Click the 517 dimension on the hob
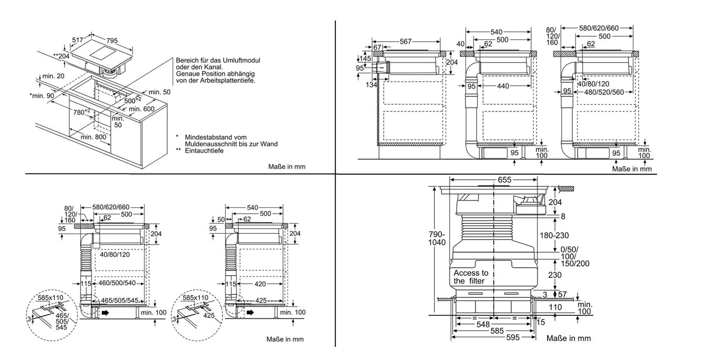77,40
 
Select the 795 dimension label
112,41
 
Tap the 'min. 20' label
54,76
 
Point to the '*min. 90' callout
42,96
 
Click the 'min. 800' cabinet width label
94,137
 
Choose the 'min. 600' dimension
142,109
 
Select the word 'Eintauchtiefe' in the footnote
204,151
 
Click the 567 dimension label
405,42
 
